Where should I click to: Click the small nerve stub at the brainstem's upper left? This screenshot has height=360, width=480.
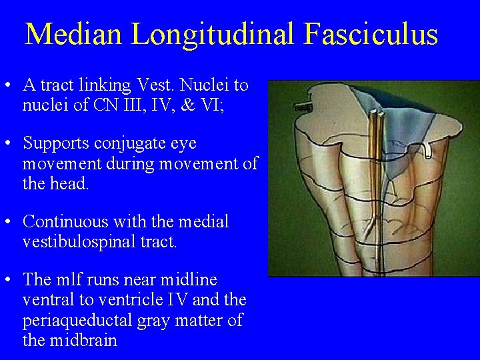tap(304, 106)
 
